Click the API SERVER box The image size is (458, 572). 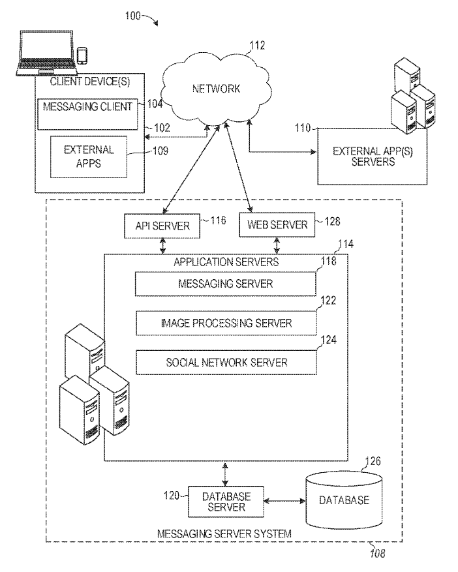tap(162, 226)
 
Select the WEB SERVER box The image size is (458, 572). tap(277, 226)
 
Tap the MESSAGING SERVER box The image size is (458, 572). tap(225, 284)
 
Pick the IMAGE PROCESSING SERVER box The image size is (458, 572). tap(226, 323)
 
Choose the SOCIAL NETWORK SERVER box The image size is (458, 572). tap(226, 362)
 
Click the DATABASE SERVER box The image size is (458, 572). tap(226, 501)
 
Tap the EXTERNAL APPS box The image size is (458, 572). tap(89, 157)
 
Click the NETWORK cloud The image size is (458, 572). tap(216, 88)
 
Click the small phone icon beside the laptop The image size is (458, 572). tap(82, 56)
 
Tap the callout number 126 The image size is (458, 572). tap(372, 461)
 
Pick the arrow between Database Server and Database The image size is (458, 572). tap(283, 501)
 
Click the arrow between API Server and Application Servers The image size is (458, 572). tap(162, 246)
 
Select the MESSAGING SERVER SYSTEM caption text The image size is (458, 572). tap(224, 534)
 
